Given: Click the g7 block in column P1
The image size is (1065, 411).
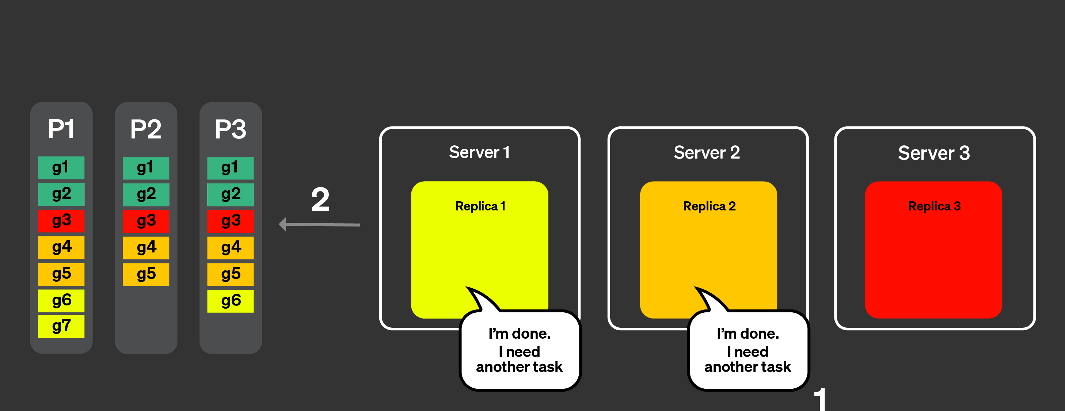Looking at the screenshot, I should [61, 326].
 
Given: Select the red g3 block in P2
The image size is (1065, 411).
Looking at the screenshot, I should [146, 221].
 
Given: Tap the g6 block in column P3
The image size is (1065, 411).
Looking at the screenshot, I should [230, 301].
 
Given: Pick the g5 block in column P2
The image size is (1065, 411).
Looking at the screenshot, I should [146, 274].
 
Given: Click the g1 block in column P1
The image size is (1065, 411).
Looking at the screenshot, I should [61, 167].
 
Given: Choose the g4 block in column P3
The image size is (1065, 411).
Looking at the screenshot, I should [230, 248].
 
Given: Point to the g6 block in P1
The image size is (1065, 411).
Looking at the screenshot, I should [61, 301].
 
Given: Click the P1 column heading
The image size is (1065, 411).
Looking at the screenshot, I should [61, 129].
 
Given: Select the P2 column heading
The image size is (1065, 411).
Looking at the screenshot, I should [146, 129].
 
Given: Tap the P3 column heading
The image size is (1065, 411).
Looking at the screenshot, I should [230, 129].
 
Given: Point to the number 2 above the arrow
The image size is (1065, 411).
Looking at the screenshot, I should [320, 200].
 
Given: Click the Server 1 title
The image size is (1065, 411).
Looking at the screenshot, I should [480, 152].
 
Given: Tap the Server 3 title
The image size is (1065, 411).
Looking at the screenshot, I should [934, 153].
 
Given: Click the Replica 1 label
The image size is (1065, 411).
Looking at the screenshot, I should [480, 206].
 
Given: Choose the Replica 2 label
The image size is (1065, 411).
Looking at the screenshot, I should [709, 206].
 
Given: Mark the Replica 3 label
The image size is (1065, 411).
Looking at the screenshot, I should [934, 206].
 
